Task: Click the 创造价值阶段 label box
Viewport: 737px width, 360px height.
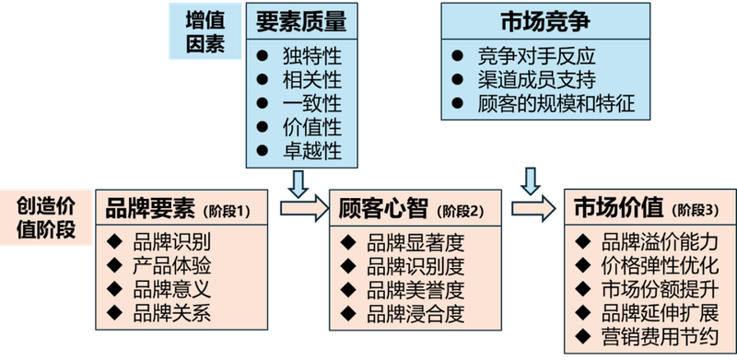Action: [48, 216]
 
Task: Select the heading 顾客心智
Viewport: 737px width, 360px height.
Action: [384, 208]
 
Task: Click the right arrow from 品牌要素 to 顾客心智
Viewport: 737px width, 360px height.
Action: [303, 208]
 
